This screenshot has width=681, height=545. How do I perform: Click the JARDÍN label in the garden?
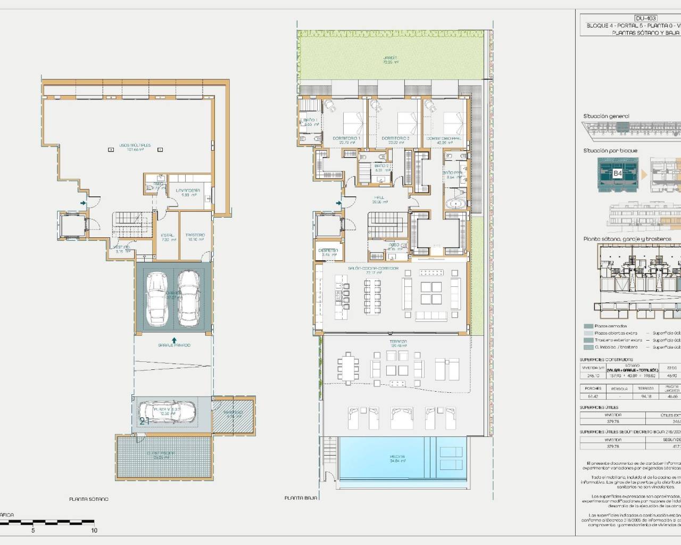(x=391, y=57)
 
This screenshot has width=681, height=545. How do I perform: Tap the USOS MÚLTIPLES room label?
(x=135, y=145)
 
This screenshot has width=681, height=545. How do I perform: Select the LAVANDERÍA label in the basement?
(x=188, y=190)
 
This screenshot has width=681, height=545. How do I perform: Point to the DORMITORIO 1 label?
(x=346, y=138)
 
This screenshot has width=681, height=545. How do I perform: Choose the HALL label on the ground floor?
(x=379, y=197)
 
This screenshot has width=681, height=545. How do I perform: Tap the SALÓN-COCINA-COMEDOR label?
(x=373, y=268)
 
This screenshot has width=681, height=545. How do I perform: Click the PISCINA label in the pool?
(x=397, y=457)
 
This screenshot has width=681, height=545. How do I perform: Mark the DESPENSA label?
(x=328, y=250)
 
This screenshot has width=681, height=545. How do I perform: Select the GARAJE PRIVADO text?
(x=174, y=345)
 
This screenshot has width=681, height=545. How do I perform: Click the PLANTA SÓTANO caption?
(x=89, y=499)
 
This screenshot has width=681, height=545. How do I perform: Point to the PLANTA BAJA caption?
(x=301, y=498)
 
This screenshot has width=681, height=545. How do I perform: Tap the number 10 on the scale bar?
(x=94, y=530)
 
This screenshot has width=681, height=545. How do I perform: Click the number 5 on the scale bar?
(x=33, y=530)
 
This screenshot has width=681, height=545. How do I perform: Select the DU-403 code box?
(x=646, y=18)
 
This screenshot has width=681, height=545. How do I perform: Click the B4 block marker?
(x=617, y=174)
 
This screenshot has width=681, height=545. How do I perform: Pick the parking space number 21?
(x=144, y=420)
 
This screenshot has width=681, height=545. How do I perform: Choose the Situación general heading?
(x=606, y=116)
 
